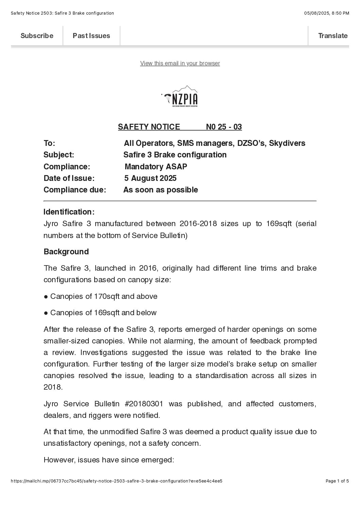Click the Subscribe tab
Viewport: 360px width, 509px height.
[37, 36]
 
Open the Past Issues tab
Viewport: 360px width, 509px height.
[91, 36]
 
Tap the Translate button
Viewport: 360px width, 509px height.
[332, 36]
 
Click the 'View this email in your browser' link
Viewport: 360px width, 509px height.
[180, 63]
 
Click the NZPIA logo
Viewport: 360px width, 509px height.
[180, 97]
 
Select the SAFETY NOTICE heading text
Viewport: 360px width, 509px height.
[149, 127]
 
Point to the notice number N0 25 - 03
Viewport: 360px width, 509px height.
[224, 127]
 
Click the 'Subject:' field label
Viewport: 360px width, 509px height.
[59, 155]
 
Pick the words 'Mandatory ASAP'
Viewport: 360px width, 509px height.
[156, 167]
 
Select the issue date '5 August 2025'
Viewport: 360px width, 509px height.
[150, 178]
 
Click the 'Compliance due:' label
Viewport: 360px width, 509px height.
[75, 190]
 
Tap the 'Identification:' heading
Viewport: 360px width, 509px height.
[69, 212]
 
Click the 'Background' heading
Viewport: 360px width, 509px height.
[66, 252]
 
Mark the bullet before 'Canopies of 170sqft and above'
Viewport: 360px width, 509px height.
[46, 296]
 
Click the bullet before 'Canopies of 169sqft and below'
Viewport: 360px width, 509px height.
[46, 313]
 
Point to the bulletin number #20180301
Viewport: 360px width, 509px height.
[144, 404]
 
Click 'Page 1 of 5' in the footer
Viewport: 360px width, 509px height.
[337, 481]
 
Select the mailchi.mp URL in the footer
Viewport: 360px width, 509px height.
[116, 481]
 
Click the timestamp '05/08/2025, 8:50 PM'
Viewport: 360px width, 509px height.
[326, 13]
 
